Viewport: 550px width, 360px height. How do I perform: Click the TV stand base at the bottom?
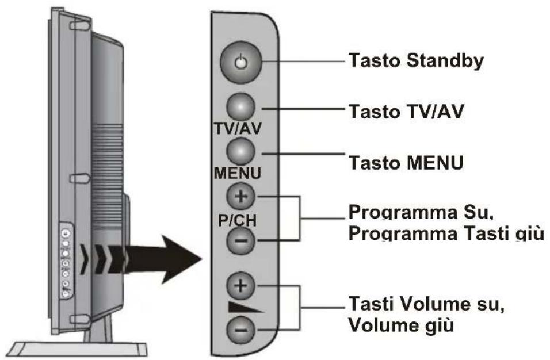tap(81, 348)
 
